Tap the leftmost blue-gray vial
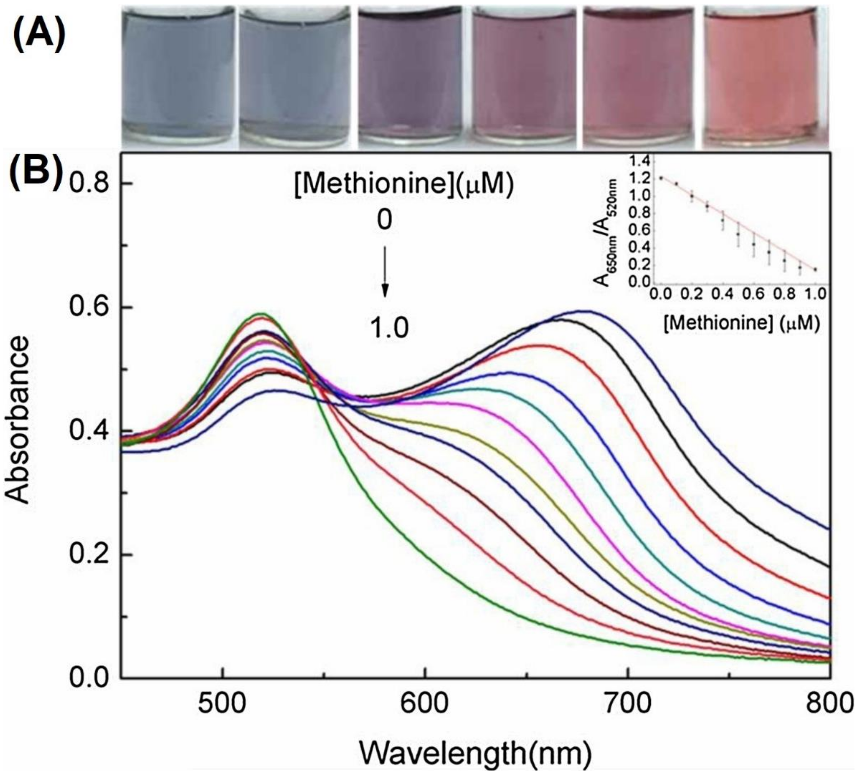click(x=178, y=77)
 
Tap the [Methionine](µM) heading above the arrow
click(x=404, y=185)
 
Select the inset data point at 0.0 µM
click(x=661, y=178)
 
